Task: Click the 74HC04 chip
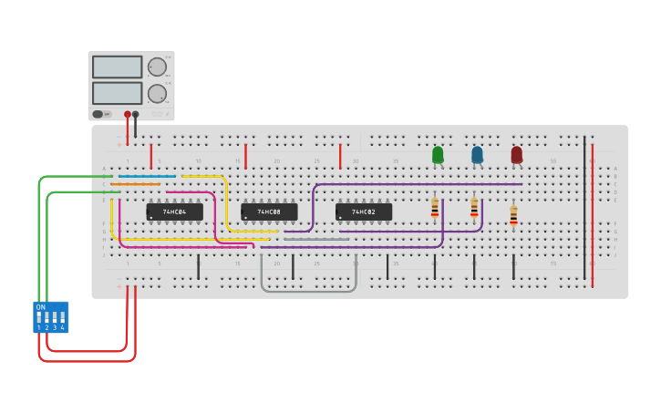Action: tap(174, 212)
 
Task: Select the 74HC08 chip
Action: tap(269, 212)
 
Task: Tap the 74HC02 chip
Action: tap(364, 212)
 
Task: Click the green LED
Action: tap(438, 155)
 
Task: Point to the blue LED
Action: tap(477, 155)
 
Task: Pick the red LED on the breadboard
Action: tap(517, 155)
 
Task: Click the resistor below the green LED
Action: tap(435, 209)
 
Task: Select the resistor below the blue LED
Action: tap(474, 209)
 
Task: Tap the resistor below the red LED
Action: tap(513, 216)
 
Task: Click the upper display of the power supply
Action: tap(117, 67)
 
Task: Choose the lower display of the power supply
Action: tap(117, 93)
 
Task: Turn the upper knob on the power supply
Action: tap(157, 67)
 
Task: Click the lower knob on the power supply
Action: tap(157, 93)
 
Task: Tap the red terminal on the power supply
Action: tap(128, 114)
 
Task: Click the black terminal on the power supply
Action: tap(136, 114)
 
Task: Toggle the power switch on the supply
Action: tap(98, 114)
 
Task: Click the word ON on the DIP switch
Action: tap(40, 307)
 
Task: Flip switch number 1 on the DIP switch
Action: tap(39, 318)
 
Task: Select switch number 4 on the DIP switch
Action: tap(62, 318)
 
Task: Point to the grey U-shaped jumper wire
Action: tap(308, 290)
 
